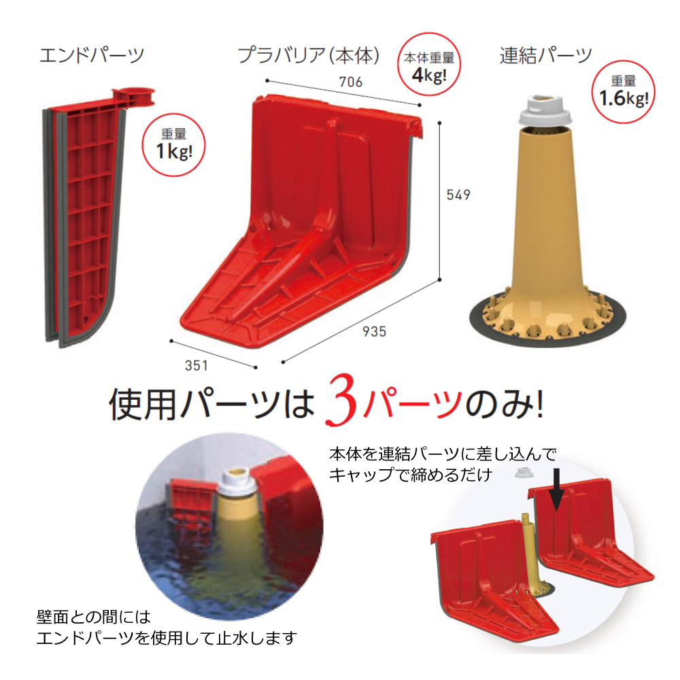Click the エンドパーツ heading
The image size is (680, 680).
[x=92, y=55]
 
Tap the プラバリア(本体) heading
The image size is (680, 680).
[x=308, y=55]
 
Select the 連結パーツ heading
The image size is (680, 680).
[x=545, y=56]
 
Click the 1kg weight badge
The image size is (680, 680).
[x=174, y=145]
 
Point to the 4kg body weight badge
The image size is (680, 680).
[x=429, y=64]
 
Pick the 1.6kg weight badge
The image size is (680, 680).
[x=624, y=92]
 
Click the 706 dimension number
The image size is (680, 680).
[x=350, y=82]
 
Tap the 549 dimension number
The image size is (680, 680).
[x=458, y=194]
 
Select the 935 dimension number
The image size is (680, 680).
[x=374, y=332]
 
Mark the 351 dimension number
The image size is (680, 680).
[x=197, y=366]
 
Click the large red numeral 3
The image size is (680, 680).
[x=341, y=401]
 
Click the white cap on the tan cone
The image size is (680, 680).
[x=545, y=109]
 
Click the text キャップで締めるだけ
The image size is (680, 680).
[x=411, y=475]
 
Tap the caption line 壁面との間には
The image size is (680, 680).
[x=94, y=617]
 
